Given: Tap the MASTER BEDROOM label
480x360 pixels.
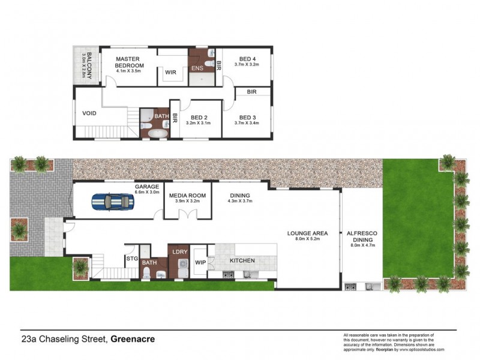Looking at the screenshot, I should tap(128, 62).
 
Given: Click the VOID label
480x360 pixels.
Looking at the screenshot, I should tap(89, 113).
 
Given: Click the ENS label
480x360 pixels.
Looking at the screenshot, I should tap(197, 68).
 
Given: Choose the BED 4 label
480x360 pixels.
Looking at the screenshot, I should tap(245, 58).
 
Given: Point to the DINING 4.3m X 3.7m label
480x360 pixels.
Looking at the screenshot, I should tap(240, 196).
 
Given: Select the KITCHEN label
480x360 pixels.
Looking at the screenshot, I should tap(242, 260).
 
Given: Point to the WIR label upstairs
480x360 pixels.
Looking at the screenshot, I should tap(170, 72).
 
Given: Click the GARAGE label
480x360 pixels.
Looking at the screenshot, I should tap(146, 187).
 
